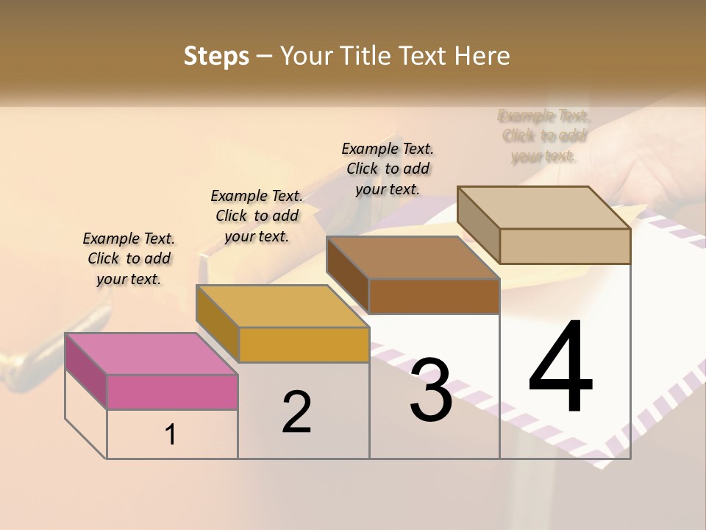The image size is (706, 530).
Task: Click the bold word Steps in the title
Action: [216, 56]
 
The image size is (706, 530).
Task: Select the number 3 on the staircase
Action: [431, 390]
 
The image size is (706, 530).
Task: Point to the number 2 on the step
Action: [296, 412]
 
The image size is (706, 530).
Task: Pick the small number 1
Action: [171, 435]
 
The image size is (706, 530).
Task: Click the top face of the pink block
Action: [151, 354]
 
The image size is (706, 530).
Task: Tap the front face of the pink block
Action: [172, 392]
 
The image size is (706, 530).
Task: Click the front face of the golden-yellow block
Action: [304, 344]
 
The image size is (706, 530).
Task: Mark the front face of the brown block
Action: [434, 296]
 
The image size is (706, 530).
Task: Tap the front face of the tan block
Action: [565, 246]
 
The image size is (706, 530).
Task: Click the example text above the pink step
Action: [129, 258]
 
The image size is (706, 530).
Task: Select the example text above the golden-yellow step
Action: [257, 216]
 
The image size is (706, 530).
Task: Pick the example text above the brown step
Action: [388, 169]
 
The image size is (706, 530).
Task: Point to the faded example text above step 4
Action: [544, 135]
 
